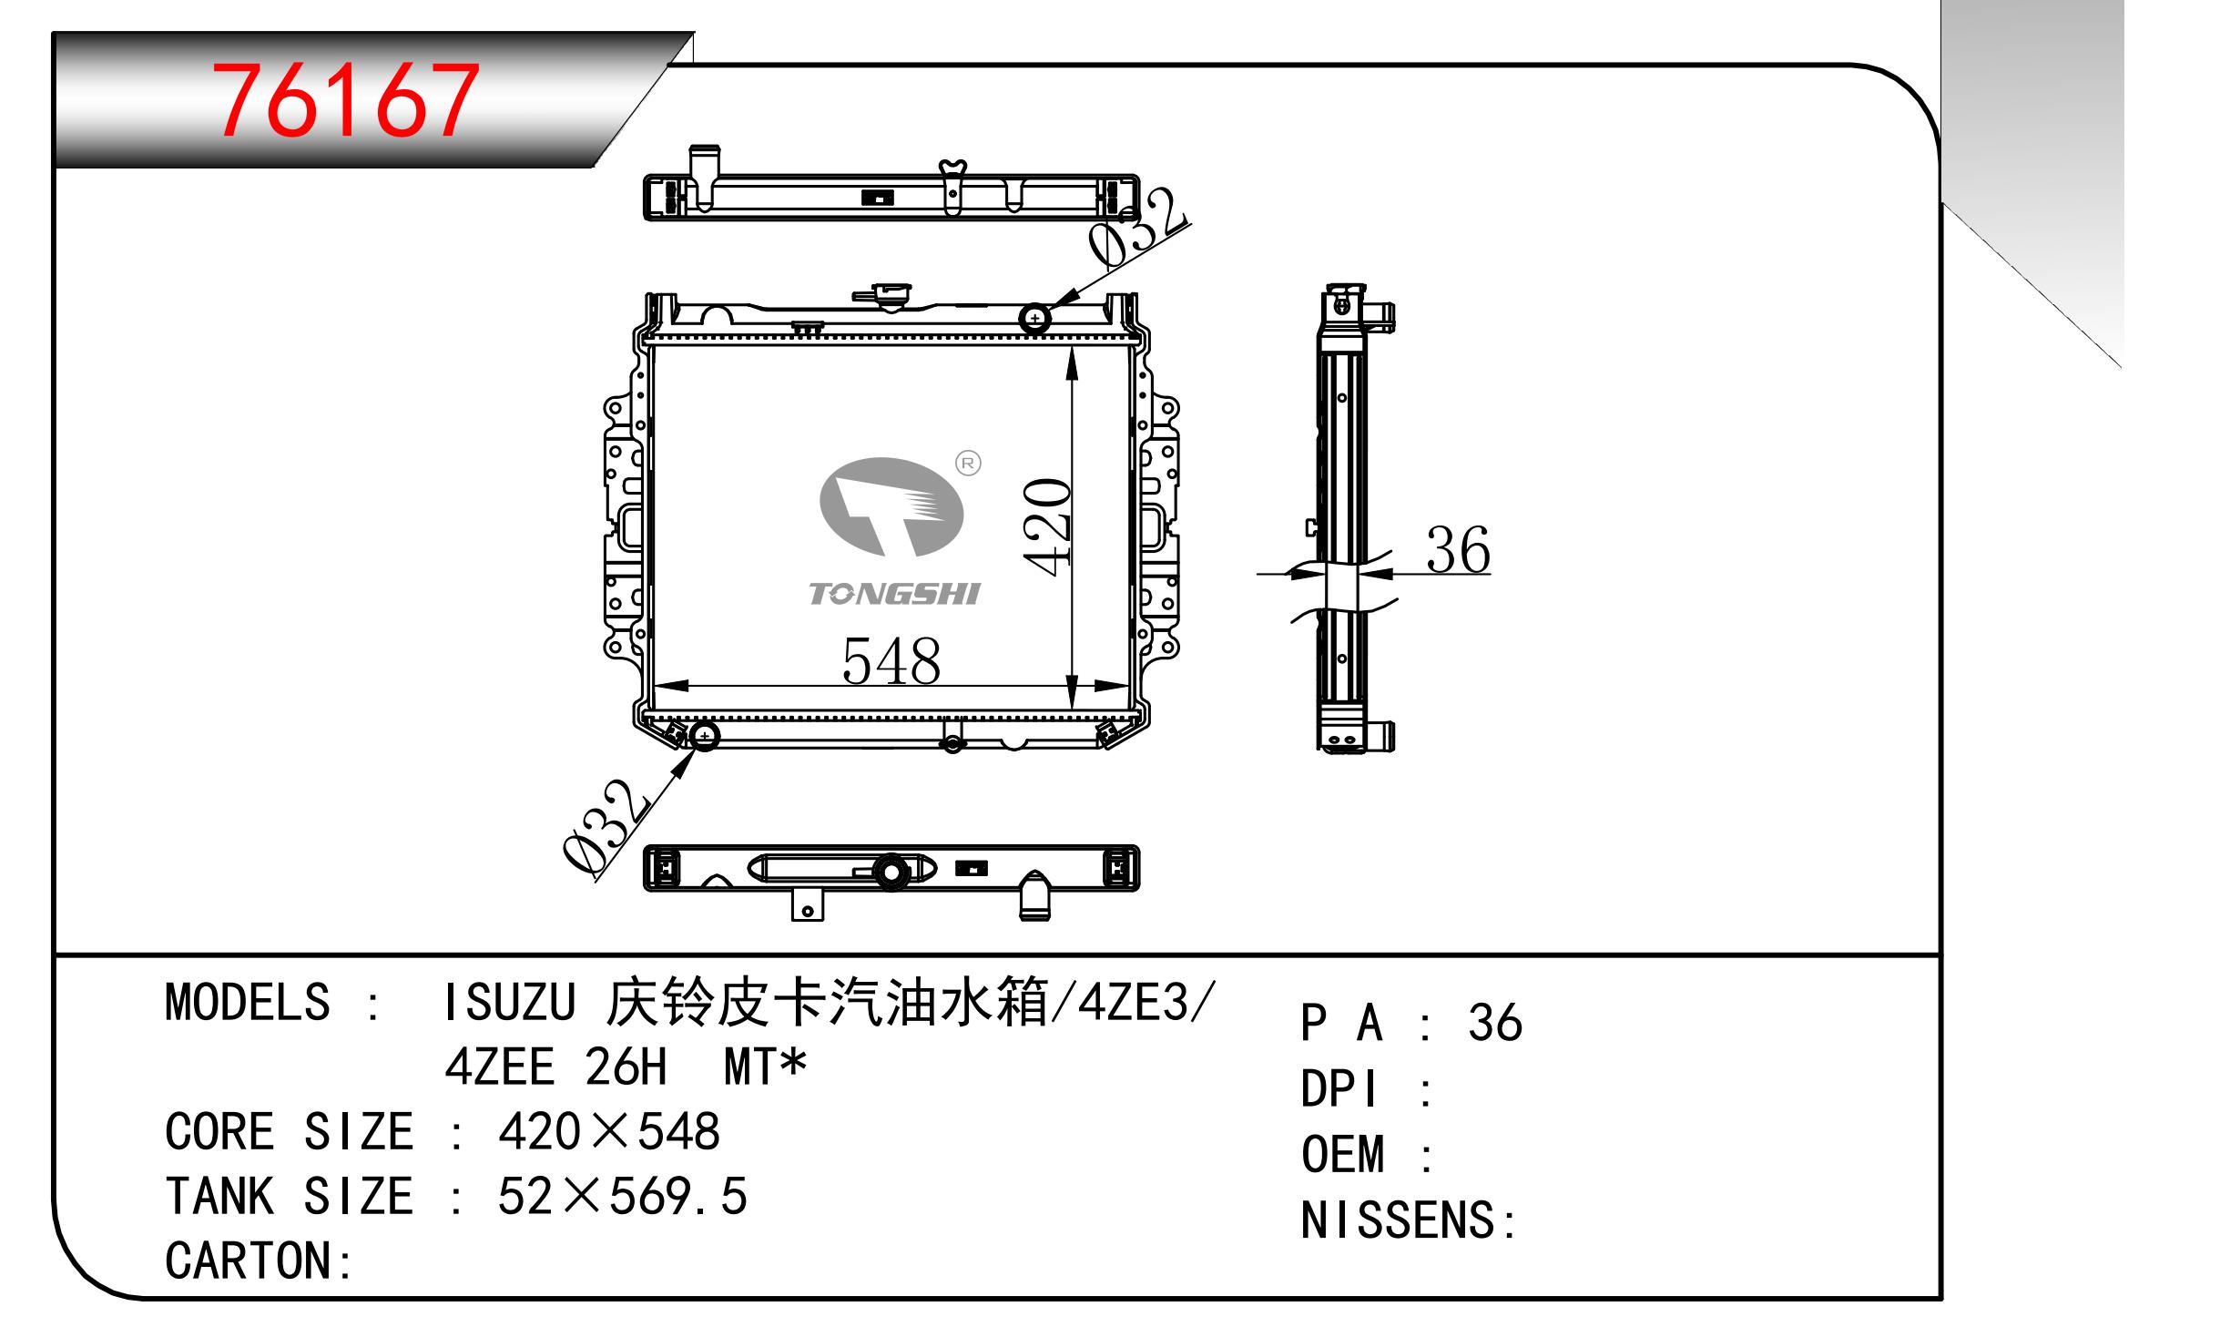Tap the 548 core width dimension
891,661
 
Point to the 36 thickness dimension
1458,549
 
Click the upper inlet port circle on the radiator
1035,318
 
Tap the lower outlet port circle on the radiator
704,735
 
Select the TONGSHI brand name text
894,594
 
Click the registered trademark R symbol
968,464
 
